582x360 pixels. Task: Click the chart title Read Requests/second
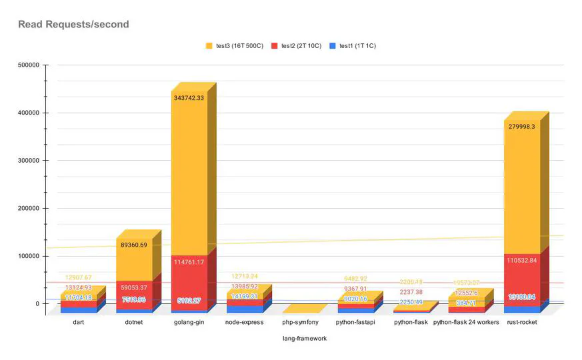[73, 25]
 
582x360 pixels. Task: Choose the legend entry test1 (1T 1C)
[358, 46]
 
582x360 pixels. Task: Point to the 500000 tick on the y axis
[26, 65]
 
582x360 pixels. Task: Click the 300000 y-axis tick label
[26, 161]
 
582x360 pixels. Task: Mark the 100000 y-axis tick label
[26, 256]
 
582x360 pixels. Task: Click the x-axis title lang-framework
[304, 339]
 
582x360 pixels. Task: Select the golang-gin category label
[190, 323]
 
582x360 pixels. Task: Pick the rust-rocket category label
[522, 323]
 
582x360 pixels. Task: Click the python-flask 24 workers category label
[466, 323]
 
